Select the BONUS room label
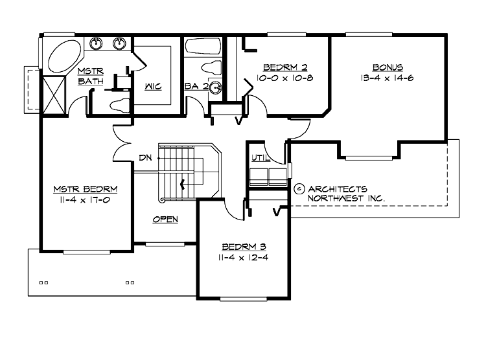388,67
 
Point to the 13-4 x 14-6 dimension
388,78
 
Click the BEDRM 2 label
284,67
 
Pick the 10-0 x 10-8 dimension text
284,78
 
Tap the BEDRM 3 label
244,247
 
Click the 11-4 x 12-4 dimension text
244,258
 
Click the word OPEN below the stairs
165,219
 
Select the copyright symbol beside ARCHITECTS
299,188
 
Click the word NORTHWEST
334,198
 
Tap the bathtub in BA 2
202,47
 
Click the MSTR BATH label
89,76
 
